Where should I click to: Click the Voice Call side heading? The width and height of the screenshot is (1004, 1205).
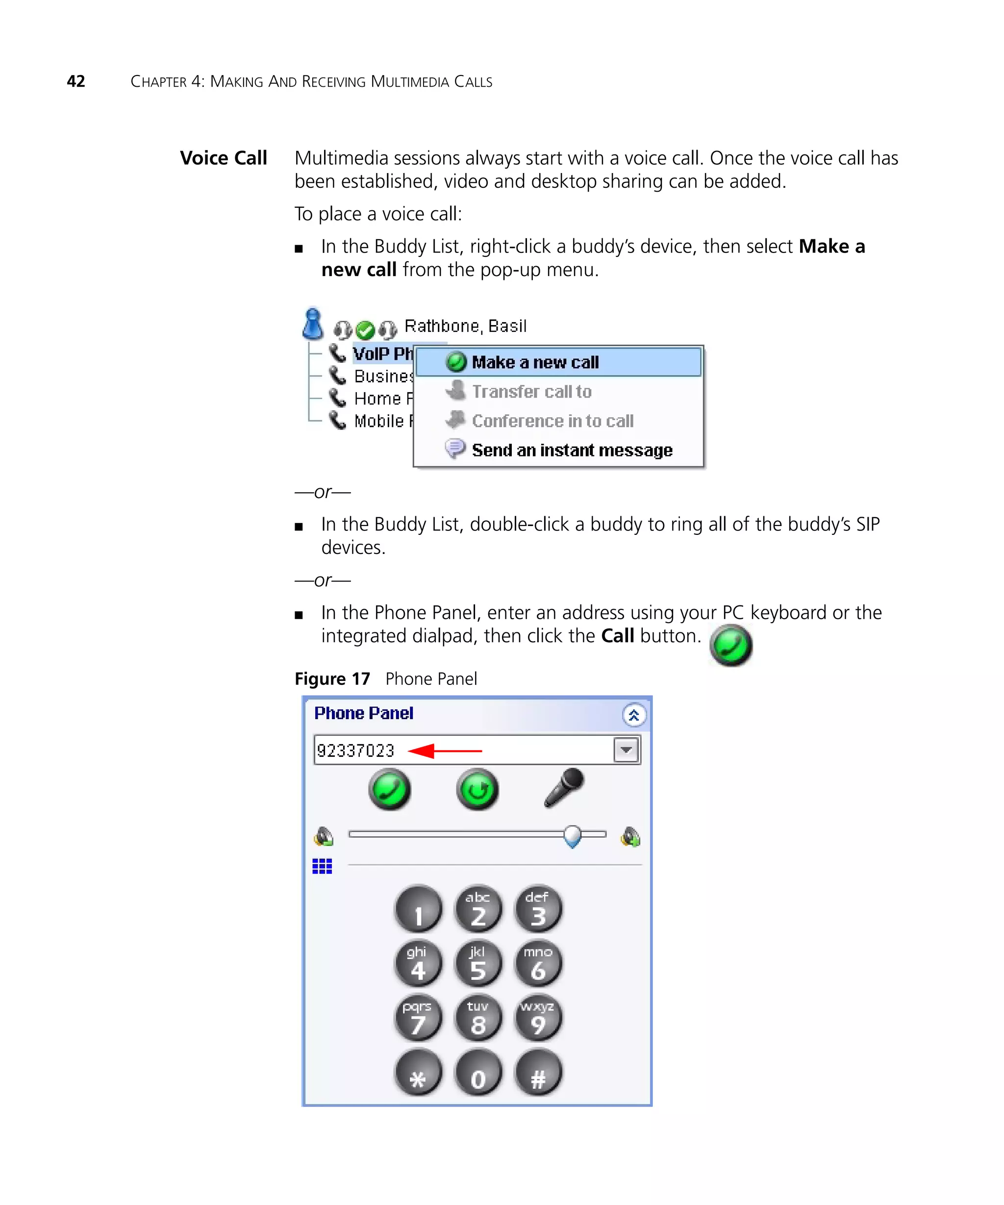223,158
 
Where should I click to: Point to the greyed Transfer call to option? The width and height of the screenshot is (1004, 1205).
531,391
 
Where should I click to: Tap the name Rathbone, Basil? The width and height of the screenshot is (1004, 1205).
465,326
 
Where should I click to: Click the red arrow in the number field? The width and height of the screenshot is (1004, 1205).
445,751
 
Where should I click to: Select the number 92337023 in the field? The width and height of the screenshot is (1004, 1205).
356,751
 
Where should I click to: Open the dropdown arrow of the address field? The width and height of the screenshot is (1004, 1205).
626,750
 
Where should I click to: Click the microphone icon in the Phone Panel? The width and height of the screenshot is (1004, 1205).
564,788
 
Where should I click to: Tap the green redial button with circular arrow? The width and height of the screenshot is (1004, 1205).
477,790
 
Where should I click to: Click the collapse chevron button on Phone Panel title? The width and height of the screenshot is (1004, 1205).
633,715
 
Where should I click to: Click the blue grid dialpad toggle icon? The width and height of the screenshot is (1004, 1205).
323,866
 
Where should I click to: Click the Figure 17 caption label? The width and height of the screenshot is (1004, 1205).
332,679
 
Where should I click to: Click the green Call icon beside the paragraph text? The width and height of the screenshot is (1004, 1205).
731,646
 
